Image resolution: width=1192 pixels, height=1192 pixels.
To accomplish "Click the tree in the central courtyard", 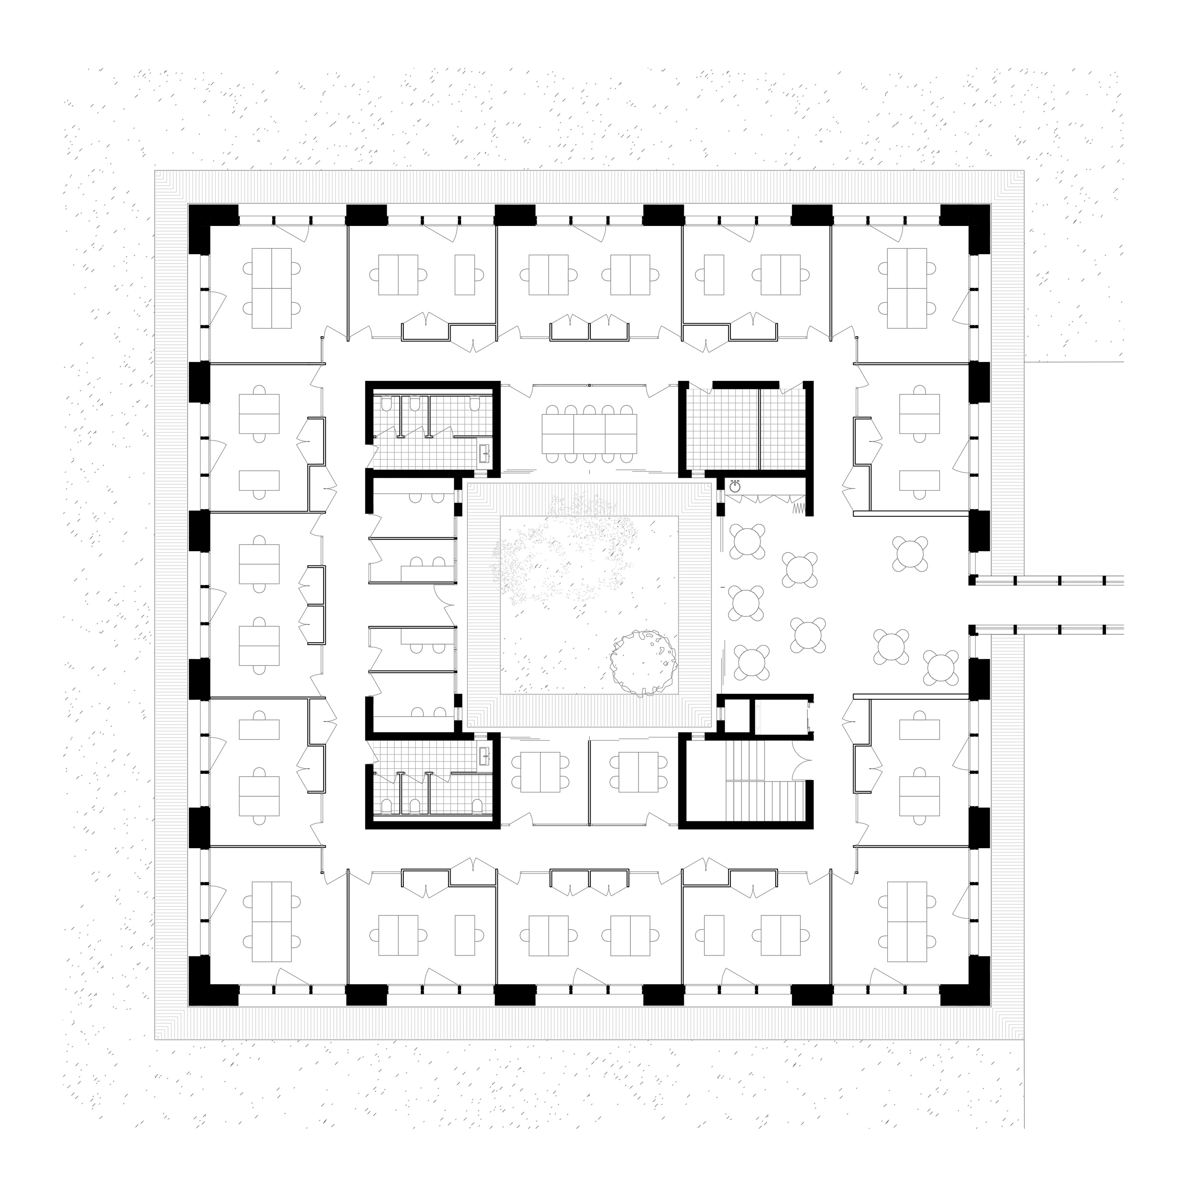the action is (x=644, y=662).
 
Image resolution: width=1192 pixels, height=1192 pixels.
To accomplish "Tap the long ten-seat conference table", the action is (x=589, y=432).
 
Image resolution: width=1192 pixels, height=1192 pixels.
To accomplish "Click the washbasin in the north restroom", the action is (x=485, y=454).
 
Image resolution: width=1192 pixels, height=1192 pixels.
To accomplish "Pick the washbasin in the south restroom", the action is (x=485, y=756).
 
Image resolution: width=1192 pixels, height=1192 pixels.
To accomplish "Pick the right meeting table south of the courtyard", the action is (x=638, y=772).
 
